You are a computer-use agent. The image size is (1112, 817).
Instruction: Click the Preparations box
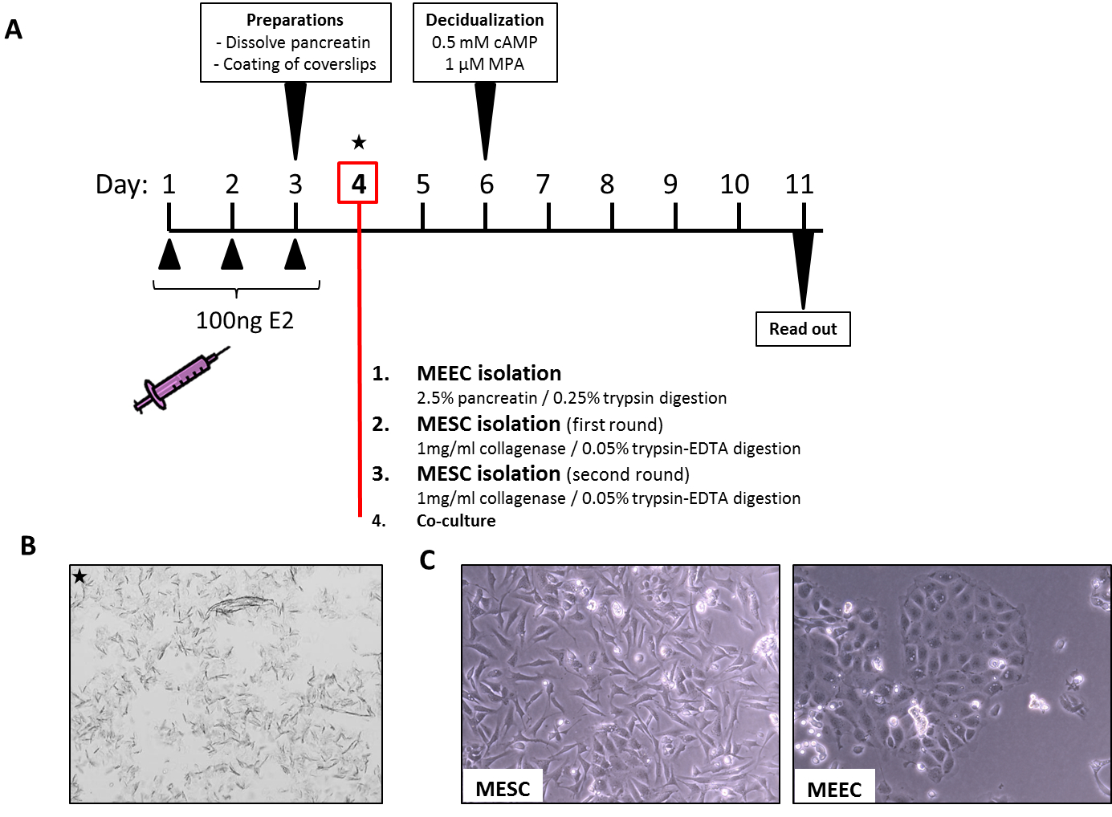point(295,43)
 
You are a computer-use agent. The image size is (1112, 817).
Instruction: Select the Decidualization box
point(485,43)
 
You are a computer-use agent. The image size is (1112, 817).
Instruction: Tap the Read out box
point(803,329)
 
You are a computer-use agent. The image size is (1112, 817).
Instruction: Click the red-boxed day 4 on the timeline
point(358,184)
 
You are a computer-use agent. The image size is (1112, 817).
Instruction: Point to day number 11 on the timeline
point(799,185)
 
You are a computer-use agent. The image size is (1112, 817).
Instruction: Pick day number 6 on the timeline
point(486,185)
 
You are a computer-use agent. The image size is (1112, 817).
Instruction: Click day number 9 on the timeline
point(670,185)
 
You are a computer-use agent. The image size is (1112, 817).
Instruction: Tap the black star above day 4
point(359,143)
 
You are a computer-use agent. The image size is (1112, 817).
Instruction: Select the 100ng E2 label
point(245,321)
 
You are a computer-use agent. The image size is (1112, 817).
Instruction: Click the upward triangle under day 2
point(232,254)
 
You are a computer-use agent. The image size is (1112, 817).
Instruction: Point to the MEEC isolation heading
point(489,373)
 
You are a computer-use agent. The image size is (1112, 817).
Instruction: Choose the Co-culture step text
point(456,521)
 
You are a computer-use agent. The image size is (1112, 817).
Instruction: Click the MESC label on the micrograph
point(503,789)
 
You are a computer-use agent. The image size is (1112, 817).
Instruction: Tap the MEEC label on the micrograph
point(834,790)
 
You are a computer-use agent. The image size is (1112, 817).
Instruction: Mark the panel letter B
point(28,546)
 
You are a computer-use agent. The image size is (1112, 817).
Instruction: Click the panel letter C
point(427,559)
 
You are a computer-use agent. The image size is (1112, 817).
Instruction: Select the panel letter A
point(14,30)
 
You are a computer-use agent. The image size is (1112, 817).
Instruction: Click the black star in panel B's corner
point(79,576)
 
